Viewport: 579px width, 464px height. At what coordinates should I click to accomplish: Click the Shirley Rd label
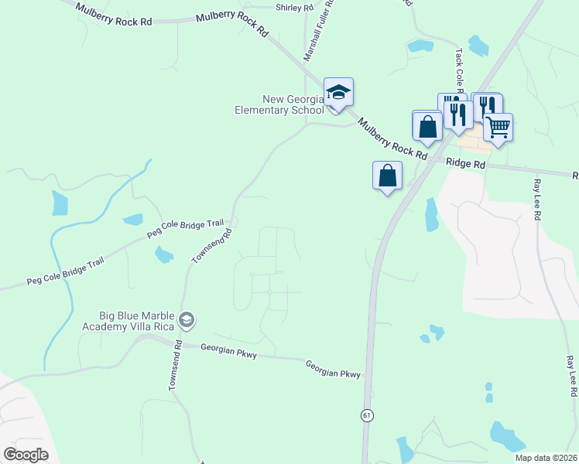click(x=295, y=8)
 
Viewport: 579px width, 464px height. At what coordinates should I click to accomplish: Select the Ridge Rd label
click(x=465, y=165)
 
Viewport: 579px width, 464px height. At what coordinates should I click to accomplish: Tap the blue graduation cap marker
click(x=338, y=94)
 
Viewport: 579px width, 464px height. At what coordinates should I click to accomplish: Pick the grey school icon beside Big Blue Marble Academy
click(x=186, y=319)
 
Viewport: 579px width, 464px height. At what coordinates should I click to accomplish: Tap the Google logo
click(x=26, y=455)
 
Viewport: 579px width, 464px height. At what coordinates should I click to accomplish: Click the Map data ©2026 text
click(x=546, y=458)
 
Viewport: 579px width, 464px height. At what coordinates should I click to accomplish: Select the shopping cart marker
click(x=498, y=127)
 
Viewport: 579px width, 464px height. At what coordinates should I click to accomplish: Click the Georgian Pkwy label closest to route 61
click(x=333, y=369)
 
